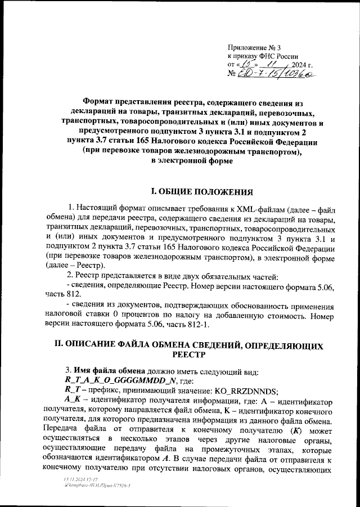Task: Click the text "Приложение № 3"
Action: pos(254,47)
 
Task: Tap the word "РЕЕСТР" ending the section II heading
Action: pos(192,355)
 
